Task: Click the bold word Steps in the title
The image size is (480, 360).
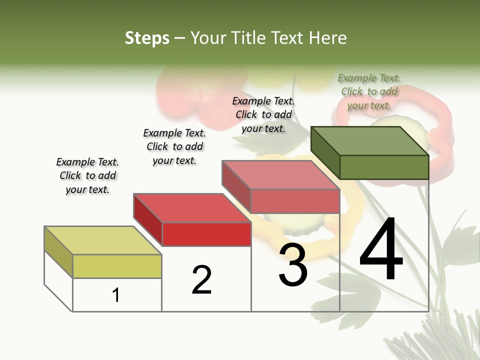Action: pyautogui.click(x=147, y=38)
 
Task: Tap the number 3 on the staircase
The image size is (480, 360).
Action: pyautogui.click(x=293, y=265)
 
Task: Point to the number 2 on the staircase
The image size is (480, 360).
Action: pyautogui.click(x=201, y=280)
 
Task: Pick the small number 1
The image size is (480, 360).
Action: pyautogui.click(x=116, y=295)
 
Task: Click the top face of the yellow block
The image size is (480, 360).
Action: pyautogui.click(x=103, y=240)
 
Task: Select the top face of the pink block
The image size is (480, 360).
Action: pyautogui.click(x=281, y=175)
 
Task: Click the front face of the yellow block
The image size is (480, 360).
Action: pyautogui.click(x=117, y=266)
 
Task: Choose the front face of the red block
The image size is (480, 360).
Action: pyautogui.click(x=206, y=234)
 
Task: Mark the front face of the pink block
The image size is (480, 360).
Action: pyautogui.click(x=295, y=201)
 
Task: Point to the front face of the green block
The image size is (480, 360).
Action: pyautogui.click(x=384, y=167)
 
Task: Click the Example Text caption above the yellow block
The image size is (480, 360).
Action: pyautogui.click(x=87, y=175)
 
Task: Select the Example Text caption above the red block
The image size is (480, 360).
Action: pyautogui.click(x=174, y=146)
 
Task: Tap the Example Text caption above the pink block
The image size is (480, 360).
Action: pyautogui.click(x=263, y=114)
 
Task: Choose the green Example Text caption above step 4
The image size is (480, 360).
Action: pyautogui.click(x=369, y=91)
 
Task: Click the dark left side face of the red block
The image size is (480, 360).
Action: pyautogui.click(x=148, y=220)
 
